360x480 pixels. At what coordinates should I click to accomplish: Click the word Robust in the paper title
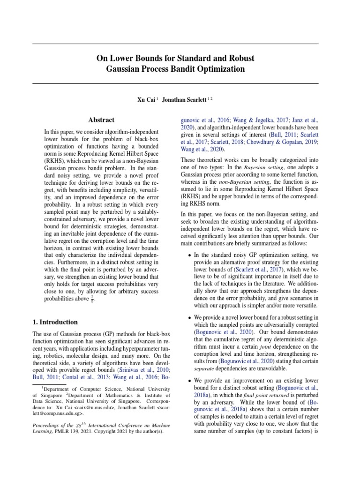pyautogui.click(x=240, y=58)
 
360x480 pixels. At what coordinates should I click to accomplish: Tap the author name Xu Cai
pyautogui.click(x=146, y=100)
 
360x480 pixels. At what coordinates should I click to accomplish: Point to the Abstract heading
pyautogui.click(x=101, y=120)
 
